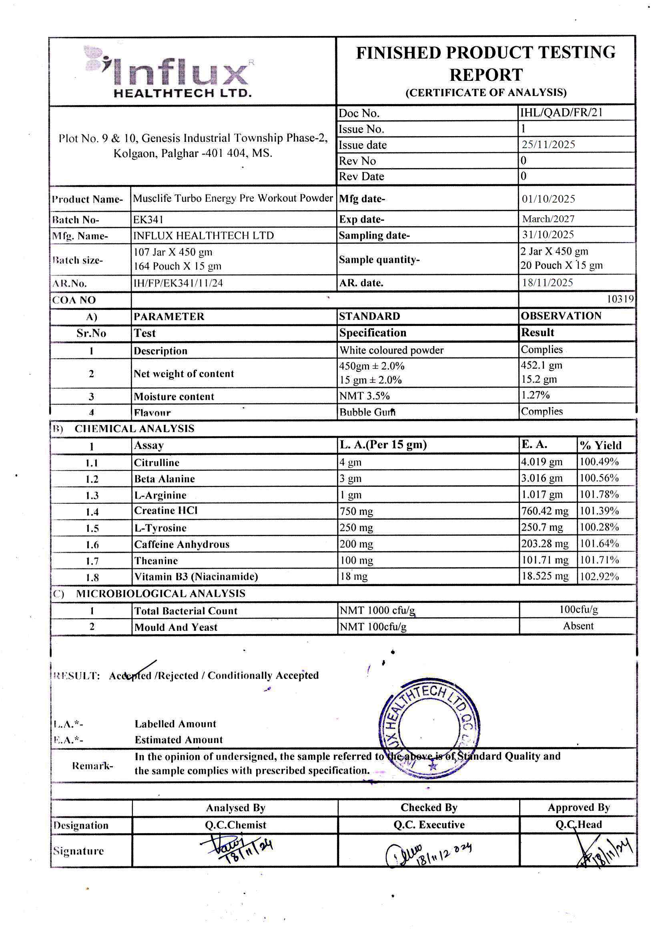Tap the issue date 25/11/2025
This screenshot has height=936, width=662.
(548, 145)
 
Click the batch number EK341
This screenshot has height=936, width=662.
(148, 220)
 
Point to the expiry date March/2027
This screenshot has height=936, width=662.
(548, 219)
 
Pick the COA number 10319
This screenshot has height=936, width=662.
(620, 299)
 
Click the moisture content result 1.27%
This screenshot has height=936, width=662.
(535, 395)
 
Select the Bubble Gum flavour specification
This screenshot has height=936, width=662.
(367, 412)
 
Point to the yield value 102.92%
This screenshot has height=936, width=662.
(599, 576)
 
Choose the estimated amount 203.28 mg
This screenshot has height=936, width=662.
(544, 543)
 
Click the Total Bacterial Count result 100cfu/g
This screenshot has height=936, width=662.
(578, 609)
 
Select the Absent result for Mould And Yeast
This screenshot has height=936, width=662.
(578, 626)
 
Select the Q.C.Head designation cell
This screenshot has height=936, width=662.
(578, 825)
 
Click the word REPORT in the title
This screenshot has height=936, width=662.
(485, 75)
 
